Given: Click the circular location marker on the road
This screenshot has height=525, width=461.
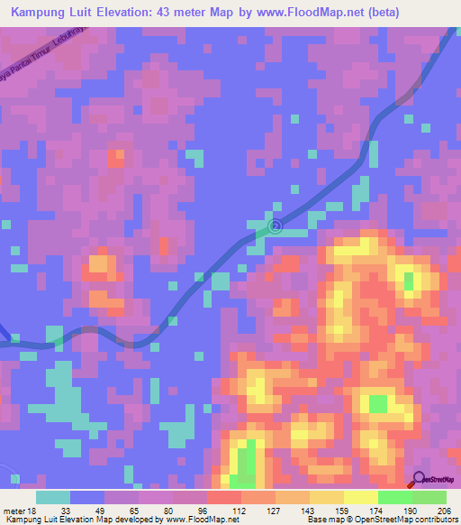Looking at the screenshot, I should (x=276, y=226).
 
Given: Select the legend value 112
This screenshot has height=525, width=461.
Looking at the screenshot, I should (x=240, y=511).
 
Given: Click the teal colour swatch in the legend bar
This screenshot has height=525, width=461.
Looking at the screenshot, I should (x=53, y=497).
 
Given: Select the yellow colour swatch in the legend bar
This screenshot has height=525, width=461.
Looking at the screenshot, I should (x=360, y=497).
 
